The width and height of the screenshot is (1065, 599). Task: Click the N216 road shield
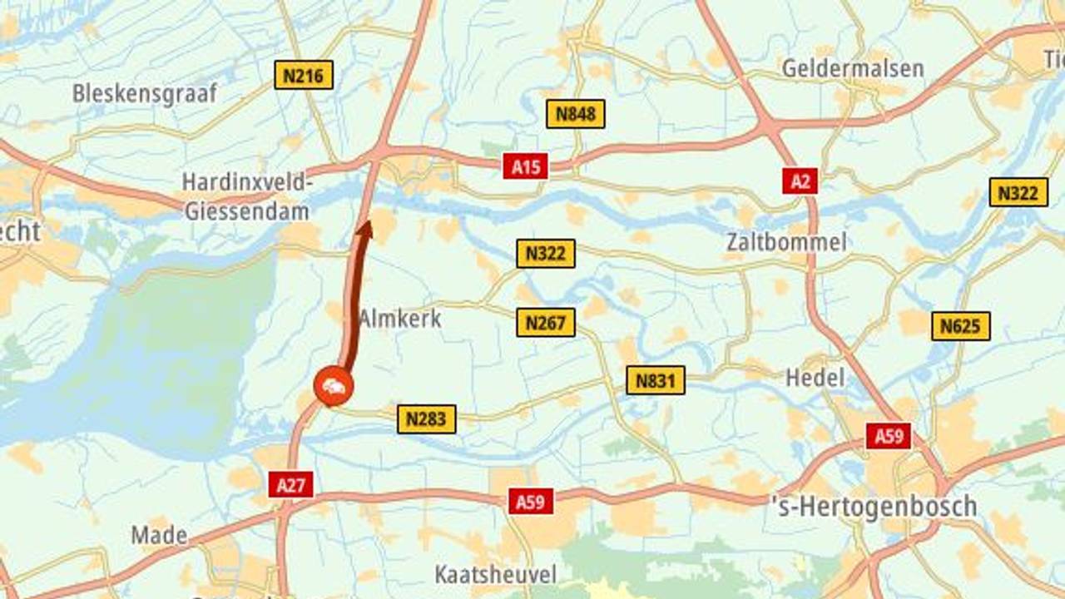(304, 76)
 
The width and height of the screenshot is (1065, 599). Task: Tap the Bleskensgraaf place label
(145, 92)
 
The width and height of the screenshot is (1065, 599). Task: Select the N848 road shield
(576, 114)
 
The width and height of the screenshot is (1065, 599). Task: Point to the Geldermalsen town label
(852, 68)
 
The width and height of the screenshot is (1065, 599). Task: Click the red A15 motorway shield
(526, 167)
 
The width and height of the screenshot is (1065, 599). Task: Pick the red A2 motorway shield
(800, 181)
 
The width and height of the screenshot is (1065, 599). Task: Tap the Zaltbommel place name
(786, 242)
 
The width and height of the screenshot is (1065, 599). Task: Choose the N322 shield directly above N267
(546, 253)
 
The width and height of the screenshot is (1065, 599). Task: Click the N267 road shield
(546, 322)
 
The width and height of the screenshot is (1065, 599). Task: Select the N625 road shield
(960, 326)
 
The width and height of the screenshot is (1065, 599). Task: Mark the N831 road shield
(656, 380)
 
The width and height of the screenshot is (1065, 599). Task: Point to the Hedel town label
(815, 378)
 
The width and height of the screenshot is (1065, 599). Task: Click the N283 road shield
(427, 418)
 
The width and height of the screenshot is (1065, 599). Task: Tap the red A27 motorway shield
(291, 484)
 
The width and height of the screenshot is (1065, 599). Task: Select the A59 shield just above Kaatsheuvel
(531, 501)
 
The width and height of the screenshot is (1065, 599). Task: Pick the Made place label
(159, 535)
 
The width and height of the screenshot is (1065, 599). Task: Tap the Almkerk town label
(400, 319)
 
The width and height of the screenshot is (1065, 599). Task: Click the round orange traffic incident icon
(334, 387)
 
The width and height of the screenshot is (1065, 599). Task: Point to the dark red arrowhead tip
(364, 223)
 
